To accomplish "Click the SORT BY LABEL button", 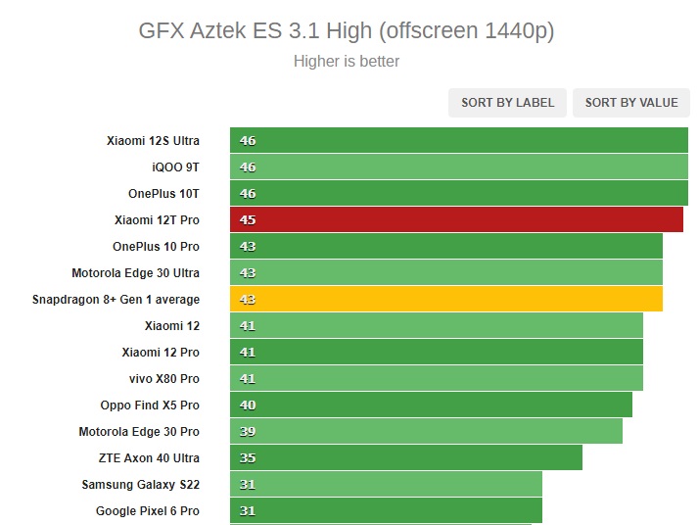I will coord(508,103).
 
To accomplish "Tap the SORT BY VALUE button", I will coord(631,103).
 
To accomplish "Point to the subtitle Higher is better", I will coord(347,61).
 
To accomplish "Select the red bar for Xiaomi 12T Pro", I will coord(456,219).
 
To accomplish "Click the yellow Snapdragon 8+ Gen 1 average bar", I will coord(446,299).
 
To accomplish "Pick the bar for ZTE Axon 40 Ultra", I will coord(406,457).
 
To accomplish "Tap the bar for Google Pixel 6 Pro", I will coord(386,510).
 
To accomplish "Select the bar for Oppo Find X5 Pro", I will coord(431,405).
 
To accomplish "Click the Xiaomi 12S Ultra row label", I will coord(153,140).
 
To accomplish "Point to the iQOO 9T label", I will coord(175,167).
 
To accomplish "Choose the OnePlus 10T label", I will coord(163,193).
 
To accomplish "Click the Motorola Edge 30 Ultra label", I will coord(135,272).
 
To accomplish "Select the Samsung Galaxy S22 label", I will coord(140,484).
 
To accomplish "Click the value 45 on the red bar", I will coord(248,219).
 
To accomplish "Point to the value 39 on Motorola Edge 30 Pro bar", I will coord(248,431).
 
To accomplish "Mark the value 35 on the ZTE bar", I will coord(248,457).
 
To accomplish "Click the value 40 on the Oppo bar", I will coord(248,405).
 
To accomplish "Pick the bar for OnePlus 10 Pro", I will coord(446,246).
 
